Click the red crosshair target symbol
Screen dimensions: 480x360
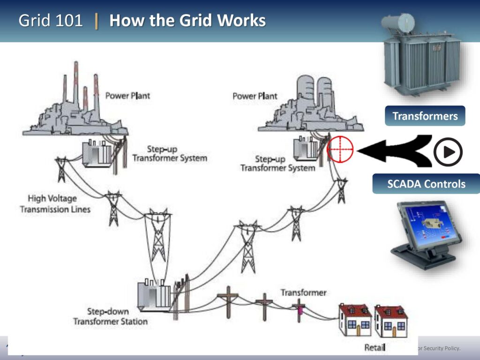click(340, 149)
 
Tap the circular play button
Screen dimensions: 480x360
click(448, 152)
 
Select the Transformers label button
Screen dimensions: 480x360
click(425, 116)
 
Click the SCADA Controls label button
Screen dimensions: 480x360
click(426, 184)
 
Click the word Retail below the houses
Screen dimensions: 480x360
click(375, 347)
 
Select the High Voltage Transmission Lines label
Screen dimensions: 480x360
click(55, 204)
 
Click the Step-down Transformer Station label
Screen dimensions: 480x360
click(110, 316)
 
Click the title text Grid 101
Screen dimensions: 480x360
click(51, 21)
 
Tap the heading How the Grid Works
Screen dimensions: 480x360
click(187, 21)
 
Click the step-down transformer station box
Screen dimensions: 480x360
click(154, 295)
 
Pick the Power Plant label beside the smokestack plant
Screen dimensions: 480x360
click(127, 96)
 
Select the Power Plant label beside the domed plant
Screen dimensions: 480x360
click(255, 96)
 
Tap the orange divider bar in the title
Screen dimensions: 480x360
click(97, 21)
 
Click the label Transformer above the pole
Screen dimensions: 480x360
click(303, 292)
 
